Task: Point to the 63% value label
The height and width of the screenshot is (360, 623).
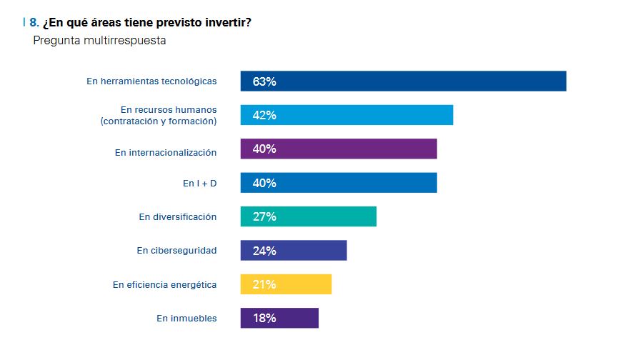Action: point(264,81)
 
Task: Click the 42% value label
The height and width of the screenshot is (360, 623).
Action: point(264,115)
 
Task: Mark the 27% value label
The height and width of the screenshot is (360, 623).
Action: point(264,216)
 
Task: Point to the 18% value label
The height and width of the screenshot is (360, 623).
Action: point(264,318)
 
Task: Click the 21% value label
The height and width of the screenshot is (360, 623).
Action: point(264,284)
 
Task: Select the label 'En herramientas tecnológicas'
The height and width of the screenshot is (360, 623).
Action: point(151,81)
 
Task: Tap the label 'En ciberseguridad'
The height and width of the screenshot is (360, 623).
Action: point(176,251)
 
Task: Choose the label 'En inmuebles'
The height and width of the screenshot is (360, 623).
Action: point(186,319)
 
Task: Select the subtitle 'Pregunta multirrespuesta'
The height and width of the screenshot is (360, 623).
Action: point(99,41)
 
